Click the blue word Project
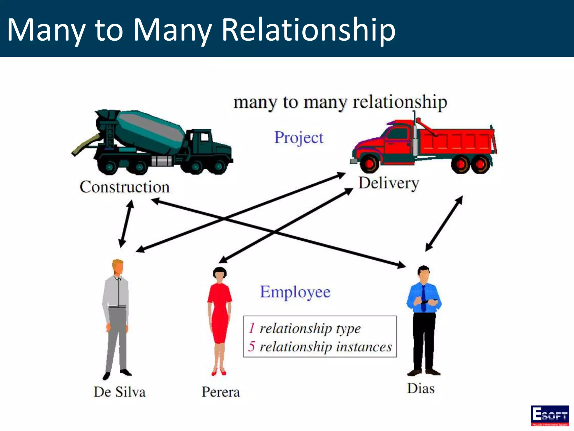[298, 138]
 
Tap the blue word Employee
[295, 292]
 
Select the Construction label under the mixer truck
[125, 187]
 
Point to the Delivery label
[389, 183]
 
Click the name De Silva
[120, 392]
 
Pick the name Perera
[221, 392]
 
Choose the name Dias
[421, 389]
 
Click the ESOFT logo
[550, 416]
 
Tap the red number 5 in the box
[251, 346]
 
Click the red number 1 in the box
[252, 328]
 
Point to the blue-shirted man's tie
[423, 297]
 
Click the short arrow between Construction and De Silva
[126, 224]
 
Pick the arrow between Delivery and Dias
[444, 224]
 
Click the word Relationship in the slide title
[308, 29]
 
